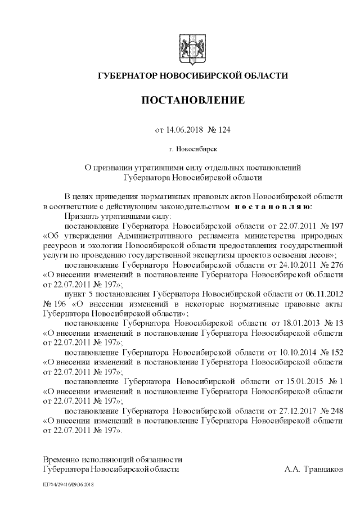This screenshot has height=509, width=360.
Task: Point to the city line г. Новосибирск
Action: [x=192, y=149]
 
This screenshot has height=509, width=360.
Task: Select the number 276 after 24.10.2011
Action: [x=336, y=264]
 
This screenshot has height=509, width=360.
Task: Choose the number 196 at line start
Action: [x=55, y=304]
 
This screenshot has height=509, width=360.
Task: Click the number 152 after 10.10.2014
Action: [x=336, y=352]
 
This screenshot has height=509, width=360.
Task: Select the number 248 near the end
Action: [x=336, y=411]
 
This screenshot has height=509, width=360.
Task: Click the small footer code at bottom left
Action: [x=67, y=484]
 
